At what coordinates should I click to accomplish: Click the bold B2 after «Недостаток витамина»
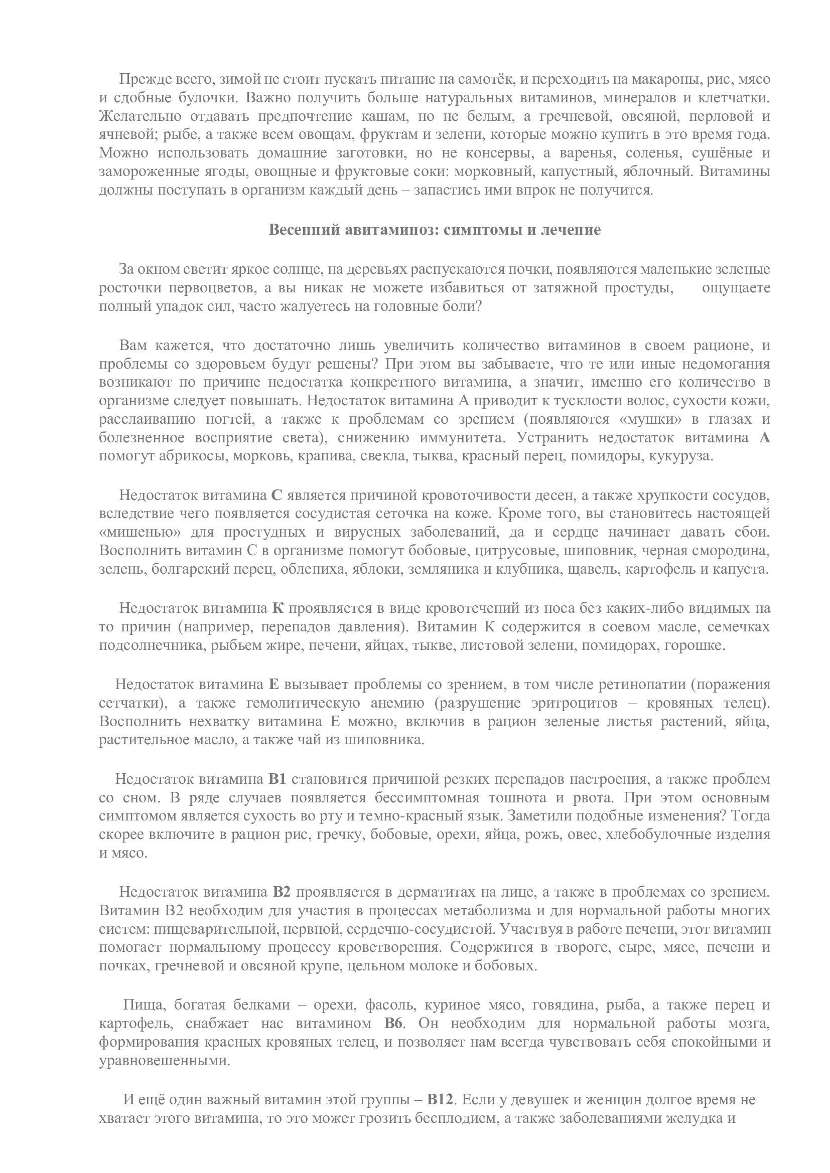(282, 892)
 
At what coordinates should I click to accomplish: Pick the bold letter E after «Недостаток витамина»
(273, 684)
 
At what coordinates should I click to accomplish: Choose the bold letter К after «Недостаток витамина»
(278, 608)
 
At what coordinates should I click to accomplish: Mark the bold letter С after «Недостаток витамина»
(276, 495)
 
